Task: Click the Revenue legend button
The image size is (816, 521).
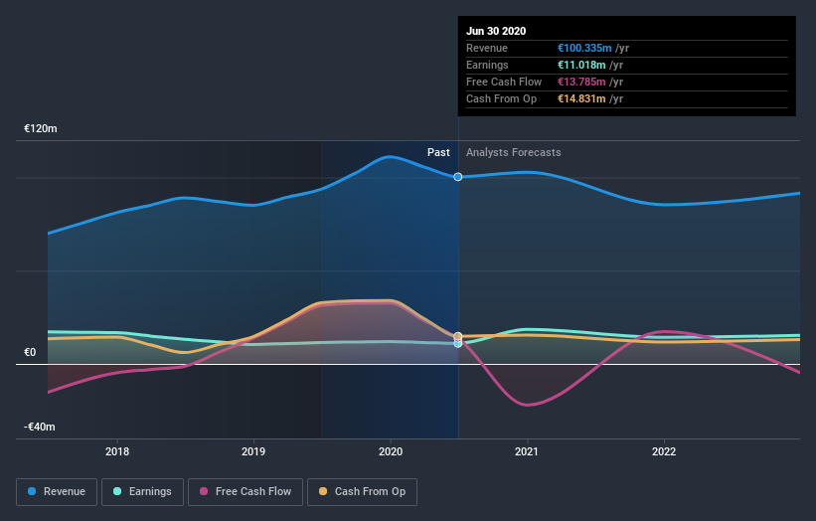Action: pos(58,491)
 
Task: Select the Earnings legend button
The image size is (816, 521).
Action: pos(142,491)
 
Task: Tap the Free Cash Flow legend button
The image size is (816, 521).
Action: pos(245,491)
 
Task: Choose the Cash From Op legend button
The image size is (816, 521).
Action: pos(363,491)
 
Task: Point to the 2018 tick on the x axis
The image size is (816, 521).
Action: pos(117,450)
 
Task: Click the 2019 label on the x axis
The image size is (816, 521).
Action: pos(253,450)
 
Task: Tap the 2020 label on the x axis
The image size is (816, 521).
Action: pos(390,450)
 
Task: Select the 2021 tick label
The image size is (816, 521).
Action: pos(527,450)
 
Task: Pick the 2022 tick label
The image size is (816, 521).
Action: pos(663,450)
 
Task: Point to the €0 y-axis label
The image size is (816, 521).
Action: pos(30,352)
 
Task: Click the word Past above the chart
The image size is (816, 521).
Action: pos(438,152)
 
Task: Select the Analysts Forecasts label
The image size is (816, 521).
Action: pos(513,152)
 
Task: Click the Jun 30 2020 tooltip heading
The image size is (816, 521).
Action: pos(497,31)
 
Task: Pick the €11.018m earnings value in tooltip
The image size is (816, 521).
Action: pos(584,65)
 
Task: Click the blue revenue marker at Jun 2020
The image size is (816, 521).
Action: pos(458,177)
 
